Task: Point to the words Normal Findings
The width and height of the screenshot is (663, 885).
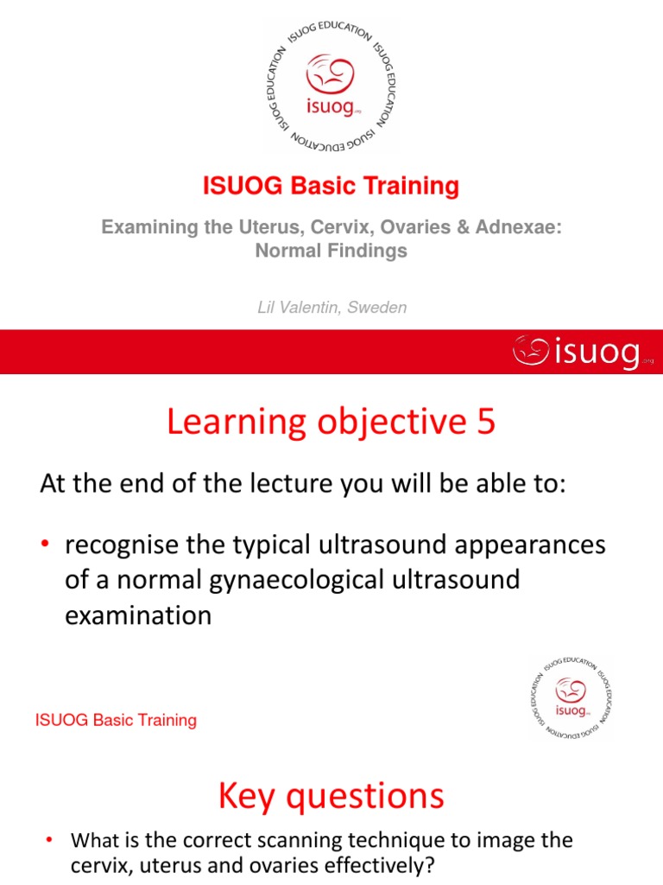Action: (x=331, y=251)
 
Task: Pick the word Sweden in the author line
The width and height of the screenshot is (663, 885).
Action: (x=377, y=308)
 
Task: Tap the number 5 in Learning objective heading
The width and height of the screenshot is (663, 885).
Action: (x=485, y=423)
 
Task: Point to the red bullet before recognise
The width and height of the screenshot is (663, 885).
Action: (x=48, y=546)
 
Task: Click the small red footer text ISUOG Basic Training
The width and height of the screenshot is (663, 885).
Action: (x=116, y=720)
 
